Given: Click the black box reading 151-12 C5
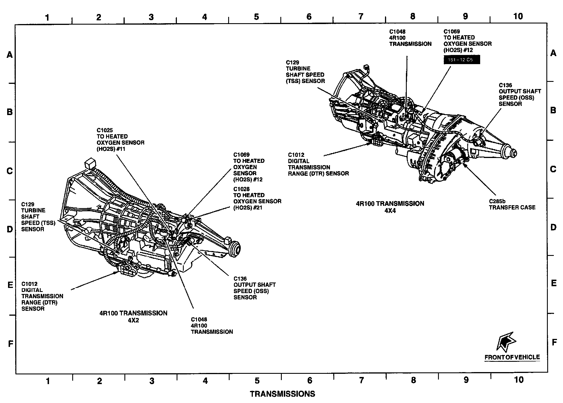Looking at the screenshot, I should [462, 60].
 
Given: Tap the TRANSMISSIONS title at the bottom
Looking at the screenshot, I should [282, 394].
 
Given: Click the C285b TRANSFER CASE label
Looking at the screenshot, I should [512, 204].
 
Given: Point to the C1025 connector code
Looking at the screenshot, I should [105, 130].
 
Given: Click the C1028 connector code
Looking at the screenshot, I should [241, 189].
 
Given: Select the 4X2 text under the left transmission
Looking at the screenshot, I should [133, 320].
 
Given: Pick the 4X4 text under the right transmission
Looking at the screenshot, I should [390, 211].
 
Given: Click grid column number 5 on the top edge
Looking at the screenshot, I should [256, 17].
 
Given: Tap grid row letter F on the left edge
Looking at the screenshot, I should [10, 343].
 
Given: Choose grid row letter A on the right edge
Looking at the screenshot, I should [553, 53].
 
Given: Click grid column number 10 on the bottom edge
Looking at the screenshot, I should [519, 380].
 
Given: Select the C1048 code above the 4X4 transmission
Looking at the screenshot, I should [397, 31].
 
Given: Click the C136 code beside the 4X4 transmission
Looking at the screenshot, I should [505, 85].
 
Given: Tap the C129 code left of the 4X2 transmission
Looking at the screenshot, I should [28, 204].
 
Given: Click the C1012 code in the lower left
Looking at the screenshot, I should [29, 284].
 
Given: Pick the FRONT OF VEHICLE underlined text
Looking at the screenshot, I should [512, 357].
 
